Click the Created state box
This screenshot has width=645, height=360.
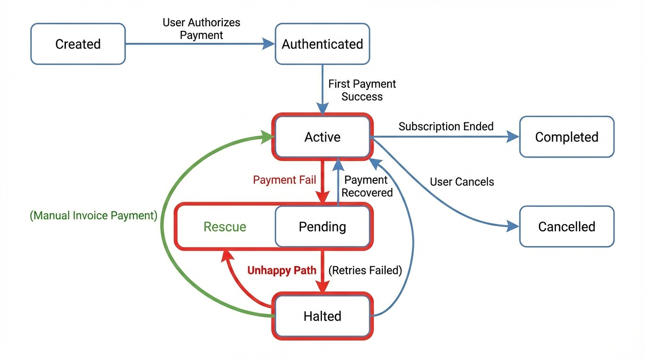click(78, 44)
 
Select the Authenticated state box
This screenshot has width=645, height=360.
click(322, 44)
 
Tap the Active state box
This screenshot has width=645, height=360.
click(322, 137)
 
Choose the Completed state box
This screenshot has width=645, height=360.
click(567, 137)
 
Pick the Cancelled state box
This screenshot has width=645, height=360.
click(567, 227)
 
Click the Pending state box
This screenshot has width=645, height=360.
click(322, 227)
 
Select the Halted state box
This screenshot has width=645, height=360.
click(322, 316)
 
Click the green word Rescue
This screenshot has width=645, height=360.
click(225, 227)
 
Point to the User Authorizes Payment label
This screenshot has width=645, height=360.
click(202, 29)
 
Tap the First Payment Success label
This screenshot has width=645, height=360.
click(362, 90)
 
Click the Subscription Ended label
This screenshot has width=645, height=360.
click(446, 127)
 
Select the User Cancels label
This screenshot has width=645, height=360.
click(462, 182)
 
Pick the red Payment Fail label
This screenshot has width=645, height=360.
click(285, 180)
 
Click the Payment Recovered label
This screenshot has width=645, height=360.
click(367, 186)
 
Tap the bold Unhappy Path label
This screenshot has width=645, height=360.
click(282, 270)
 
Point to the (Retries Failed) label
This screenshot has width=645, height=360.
click(365, 270)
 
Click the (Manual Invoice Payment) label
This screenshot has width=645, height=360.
click(93, 216)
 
